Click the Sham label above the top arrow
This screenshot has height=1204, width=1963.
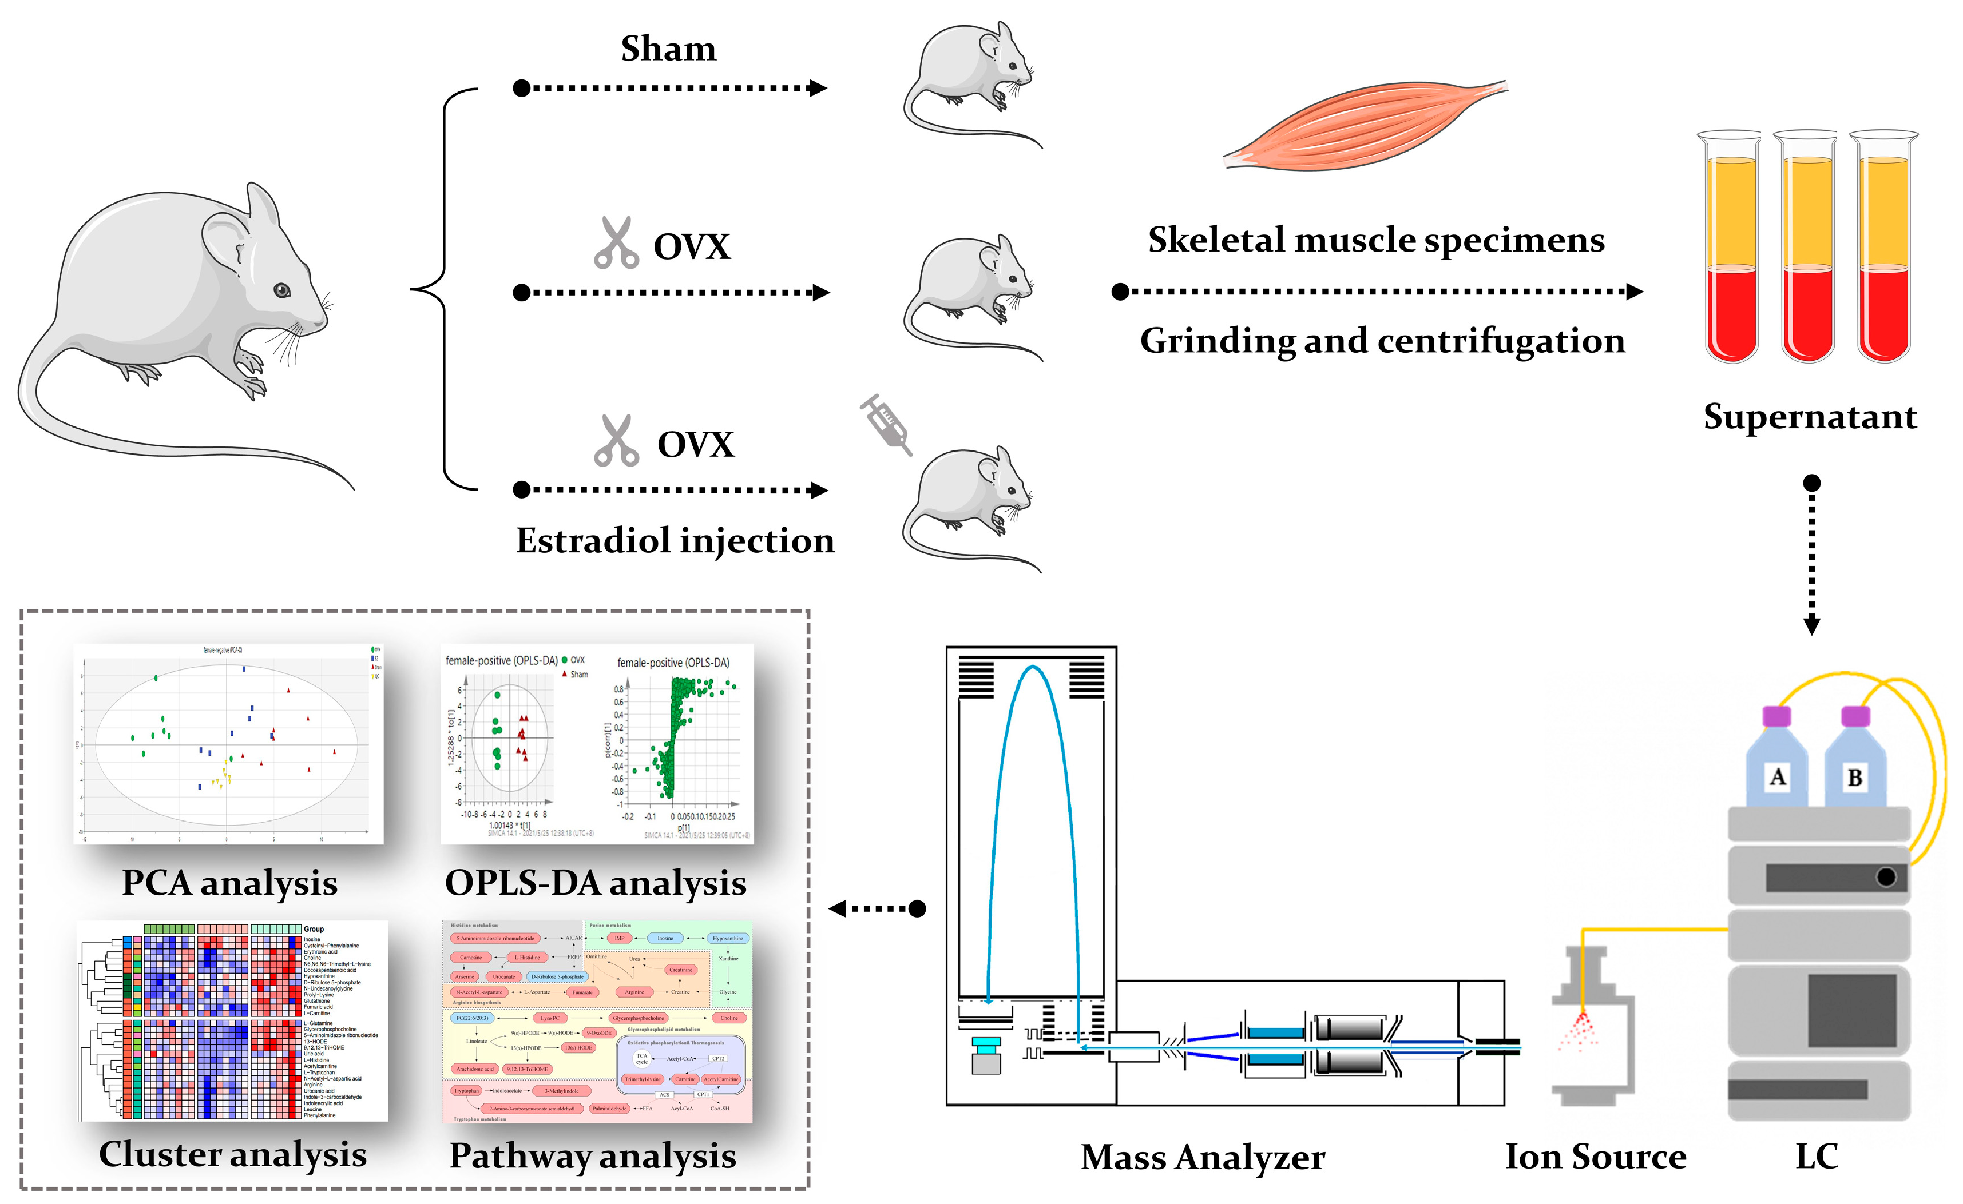pos(668,49)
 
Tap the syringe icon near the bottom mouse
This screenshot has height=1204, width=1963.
pos(886,424)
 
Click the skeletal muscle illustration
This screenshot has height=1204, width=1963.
pos(1364,126)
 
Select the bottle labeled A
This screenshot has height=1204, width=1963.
pos(1776,764)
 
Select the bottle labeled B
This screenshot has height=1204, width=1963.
pos(1855,764)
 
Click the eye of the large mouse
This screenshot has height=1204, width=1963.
pos(282,290)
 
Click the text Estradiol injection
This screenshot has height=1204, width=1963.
pos(675,541)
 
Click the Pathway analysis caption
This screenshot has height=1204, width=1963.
pos(592,1155)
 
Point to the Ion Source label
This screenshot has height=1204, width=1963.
pos(1595,1156)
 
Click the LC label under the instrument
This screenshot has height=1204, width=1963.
pos(1817,1156)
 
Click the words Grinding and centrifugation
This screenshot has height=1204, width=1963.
pos(1382,341)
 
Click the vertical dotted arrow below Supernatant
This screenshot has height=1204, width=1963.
pos(1811,557)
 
